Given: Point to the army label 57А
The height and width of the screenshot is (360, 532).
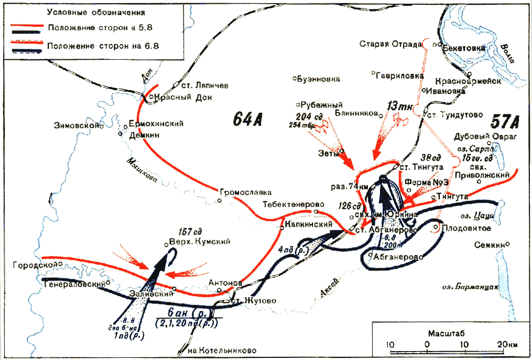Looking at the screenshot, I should [505, 123].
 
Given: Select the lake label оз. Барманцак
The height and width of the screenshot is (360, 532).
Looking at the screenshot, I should [469, 287].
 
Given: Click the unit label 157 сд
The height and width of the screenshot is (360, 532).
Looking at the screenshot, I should [190, 232].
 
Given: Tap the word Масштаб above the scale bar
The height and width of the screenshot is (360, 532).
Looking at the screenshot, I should [447, 333].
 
